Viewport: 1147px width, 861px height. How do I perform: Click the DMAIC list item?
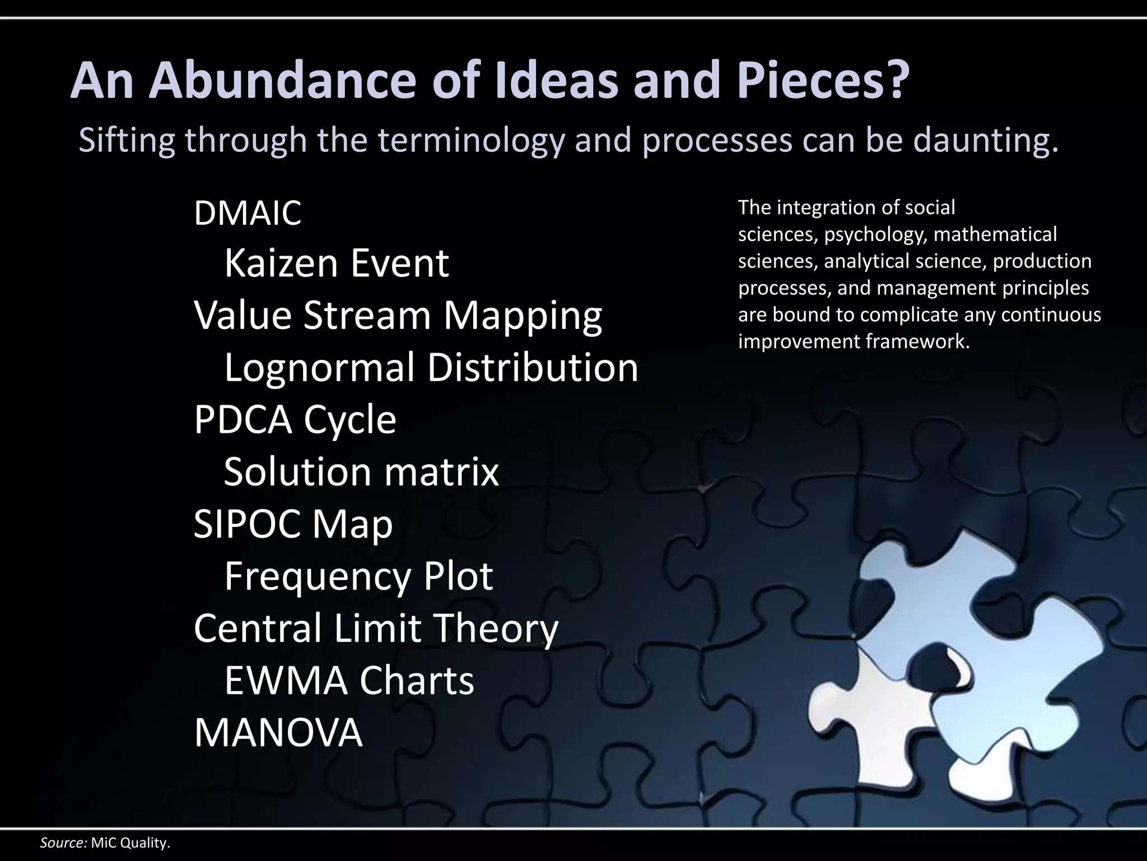248,213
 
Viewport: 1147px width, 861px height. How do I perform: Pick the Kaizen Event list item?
337,263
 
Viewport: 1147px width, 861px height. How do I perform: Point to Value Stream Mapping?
398,316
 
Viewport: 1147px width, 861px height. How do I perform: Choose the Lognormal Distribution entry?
431,368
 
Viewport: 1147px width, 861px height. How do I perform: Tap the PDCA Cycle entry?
295,420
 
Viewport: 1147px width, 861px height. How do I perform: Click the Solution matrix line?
361,472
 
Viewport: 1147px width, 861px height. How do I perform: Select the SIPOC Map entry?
293,524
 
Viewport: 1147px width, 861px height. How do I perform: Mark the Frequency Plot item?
358,576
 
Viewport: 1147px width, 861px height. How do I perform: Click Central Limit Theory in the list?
376,628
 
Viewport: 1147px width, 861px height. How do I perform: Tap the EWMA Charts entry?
349,681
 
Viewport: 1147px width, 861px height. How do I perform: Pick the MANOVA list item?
278,733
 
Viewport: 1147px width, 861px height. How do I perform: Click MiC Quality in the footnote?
130,843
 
